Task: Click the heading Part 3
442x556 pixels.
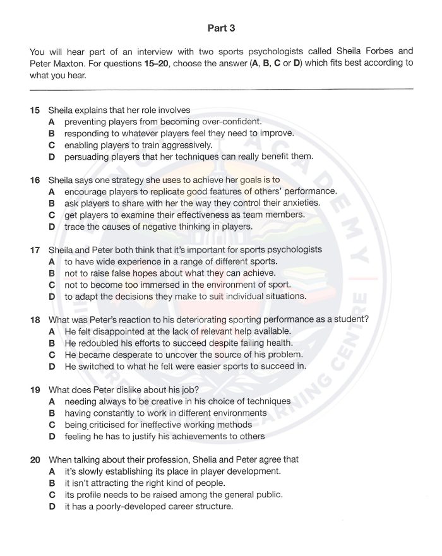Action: (x=221, y=28)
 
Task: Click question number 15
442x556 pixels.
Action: (x=35, y=110)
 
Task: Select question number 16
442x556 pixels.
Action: (x=35, y=180)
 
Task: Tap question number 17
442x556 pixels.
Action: (x=35, y=250)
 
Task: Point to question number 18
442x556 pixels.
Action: (x=35, y=319)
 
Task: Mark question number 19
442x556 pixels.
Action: (x=35, y=389)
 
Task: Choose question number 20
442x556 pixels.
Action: (x=35, y=459)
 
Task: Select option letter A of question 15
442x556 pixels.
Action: (x=52, y=122)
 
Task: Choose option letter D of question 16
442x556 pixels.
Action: (x=52, y=227)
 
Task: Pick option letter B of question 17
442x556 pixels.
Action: (x=52, y=273)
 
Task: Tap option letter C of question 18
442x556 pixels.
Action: (x=52, y=355)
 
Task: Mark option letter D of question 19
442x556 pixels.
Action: (x=52, y=436)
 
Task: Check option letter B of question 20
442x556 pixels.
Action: (x=52, y=483)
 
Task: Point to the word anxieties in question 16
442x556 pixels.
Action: (x=299, y=203)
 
